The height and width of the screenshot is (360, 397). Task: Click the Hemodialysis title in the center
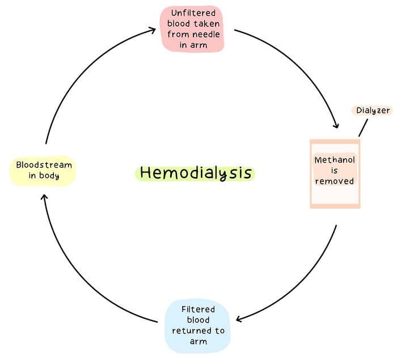tap(196, 172)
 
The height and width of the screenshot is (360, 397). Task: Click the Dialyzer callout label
tap(373, 111)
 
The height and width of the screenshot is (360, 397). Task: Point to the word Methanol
tap(335, 160)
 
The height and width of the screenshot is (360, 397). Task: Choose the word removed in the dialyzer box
tap(335, 181)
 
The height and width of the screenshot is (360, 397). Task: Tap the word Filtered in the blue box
tap(198, 309)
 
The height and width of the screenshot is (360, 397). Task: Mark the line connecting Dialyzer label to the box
tap(363, 128)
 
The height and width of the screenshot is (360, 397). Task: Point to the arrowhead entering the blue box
tap(239, 319)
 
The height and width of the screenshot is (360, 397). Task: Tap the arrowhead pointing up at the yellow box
tap(45, 196)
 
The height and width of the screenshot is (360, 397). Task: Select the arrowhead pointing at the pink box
tap(153, 29)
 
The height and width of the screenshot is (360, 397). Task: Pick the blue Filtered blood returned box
tap(198, 325)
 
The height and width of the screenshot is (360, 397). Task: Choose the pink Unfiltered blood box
tap(193, 29)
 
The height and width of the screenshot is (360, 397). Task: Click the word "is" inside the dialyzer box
tap(335, 171)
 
